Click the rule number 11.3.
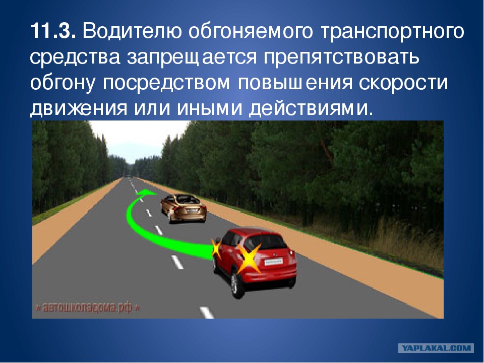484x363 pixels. pyautogui.click(x=53, y=31)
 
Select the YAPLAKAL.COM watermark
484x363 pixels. pyautogui.click(x=436, y=348)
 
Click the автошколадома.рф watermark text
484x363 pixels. pyautogui.click(x=88, y=308)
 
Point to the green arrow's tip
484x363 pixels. pyautogui.click(x=156, y=193)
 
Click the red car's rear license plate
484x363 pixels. pyautogui.click(x=273, y=262)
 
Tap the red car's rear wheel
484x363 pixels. pyautogui.click(x=235, y=283)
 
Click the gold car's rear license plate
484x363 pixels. pyautogui.click(x=190, y=210)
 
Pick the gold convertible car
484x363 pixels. pyautogui.click(x=184, y=208)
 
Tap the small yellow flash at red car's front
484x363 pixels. pyautogui.click(x=216, y=248)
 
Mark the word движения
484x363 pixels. pyautogui.click(x=79, y=109)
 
